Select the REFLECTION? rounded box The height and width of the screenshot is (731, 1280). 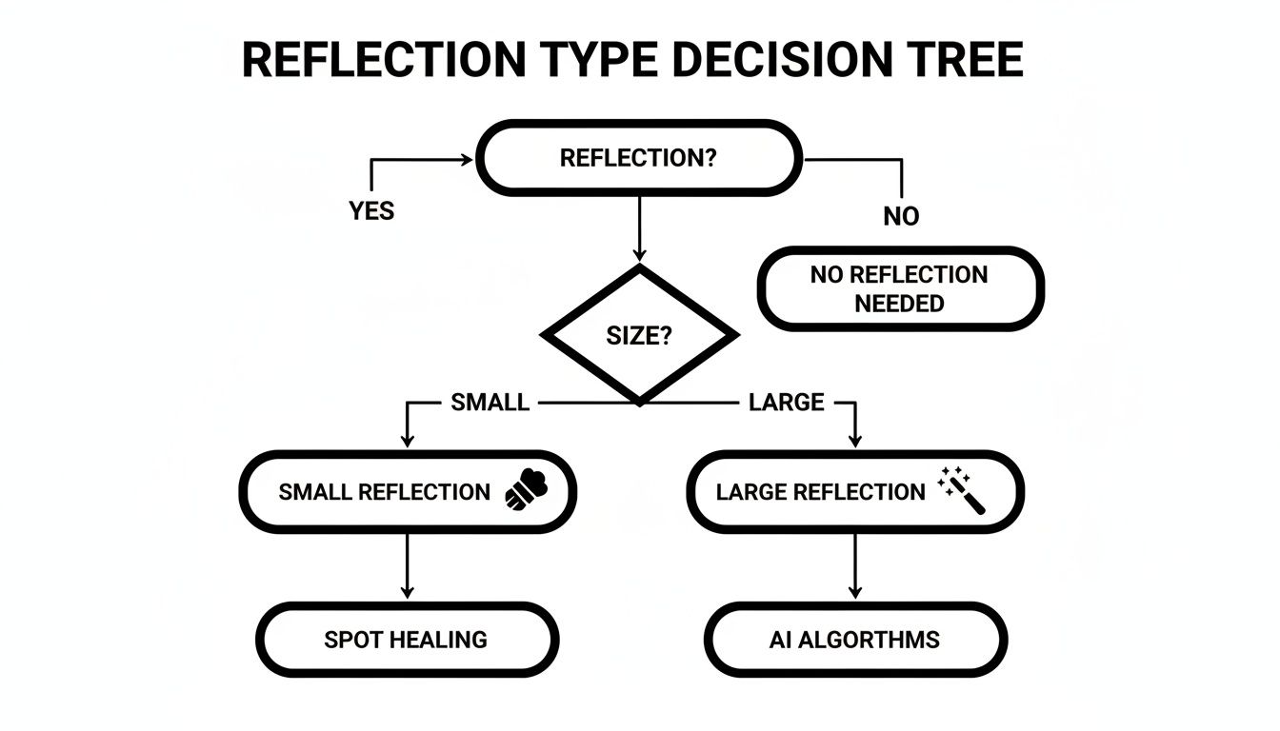[x=638, y=158]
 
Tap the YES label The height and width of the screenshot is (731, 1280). [x=371, y=210]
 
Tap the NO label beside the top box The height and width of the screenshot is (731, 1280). [x=901, y=216]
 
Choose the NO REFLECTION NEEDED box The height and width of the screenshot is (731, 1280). [x=900, y=289]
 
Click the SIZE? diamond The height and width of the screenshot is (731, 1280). [x=639, y=336]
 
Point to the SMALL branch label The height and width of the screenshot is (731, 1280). [x=490, y=403]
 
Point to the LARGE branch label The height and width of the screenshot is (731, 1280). [x=786, y=403]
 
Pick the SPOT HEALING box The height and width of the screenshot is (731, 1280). [x=407, y=640]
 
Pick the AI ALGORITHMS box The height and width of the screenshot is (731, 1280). [x=854, y=640]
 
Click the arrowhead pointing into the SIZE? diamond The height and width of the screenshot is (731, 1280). [x=639, y=254]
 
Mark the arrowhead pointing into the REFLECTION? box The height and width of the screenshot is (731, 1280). [x=467, y=160]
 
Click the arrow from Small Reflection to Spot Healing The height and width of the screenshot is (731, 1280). [x=407, y=566]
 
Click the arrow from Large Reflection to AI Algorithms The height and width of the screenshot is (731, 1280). [x=854, y=566]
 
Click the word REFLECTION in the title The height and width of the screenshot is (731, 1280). [x=383, y=60]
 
